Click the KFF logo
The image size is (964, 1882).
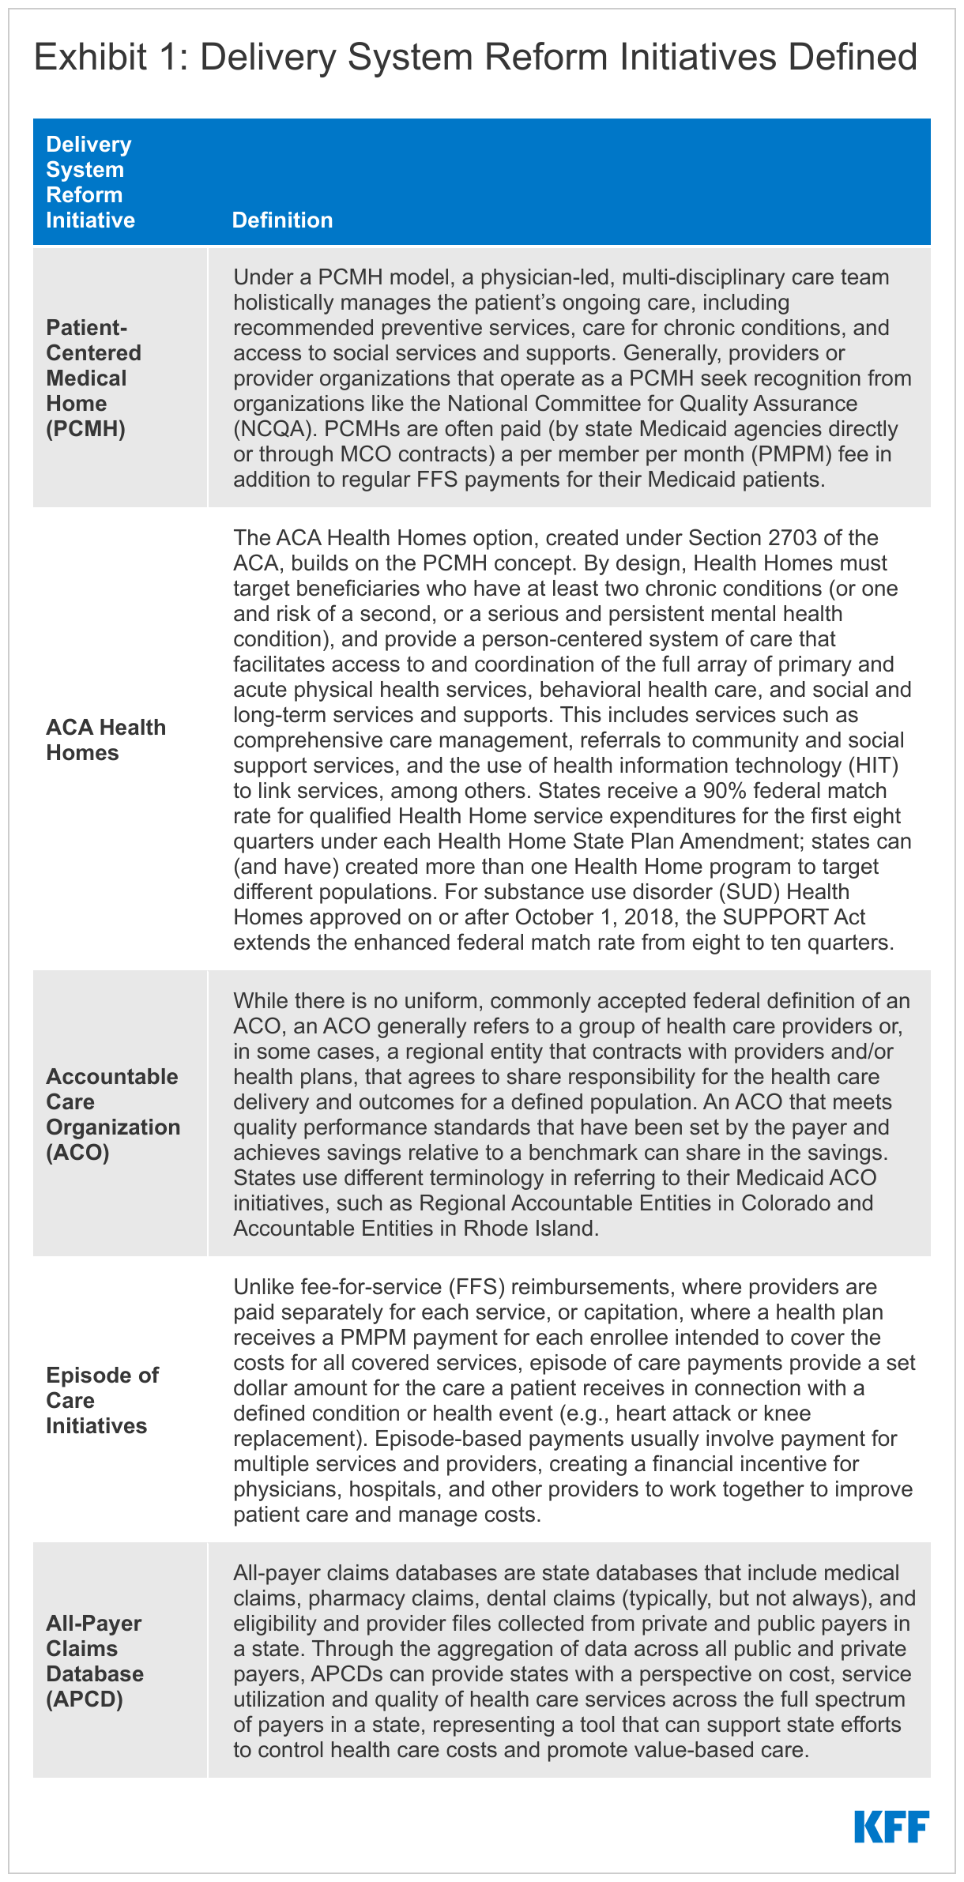[891, 1826]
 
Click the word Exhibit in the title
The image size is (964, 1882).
[90, 58]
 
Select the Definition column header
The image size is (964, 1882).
[282, 220]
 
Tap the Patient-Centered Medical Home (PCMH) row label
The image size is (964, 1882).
[93, 378]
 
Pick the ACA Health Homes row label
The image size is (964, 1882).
[106, 740]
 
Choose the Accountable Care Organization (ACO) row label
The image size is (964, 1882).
[113, 1114]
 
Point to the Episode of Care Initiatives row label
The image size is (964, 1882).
[102, 1400]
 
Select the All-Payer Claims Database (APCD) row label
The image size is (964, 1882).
[95, 1661]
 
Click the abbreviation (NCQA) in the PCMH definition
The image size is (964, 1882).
[273, 428]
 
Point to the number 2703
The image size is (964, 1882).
[800, 537]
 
